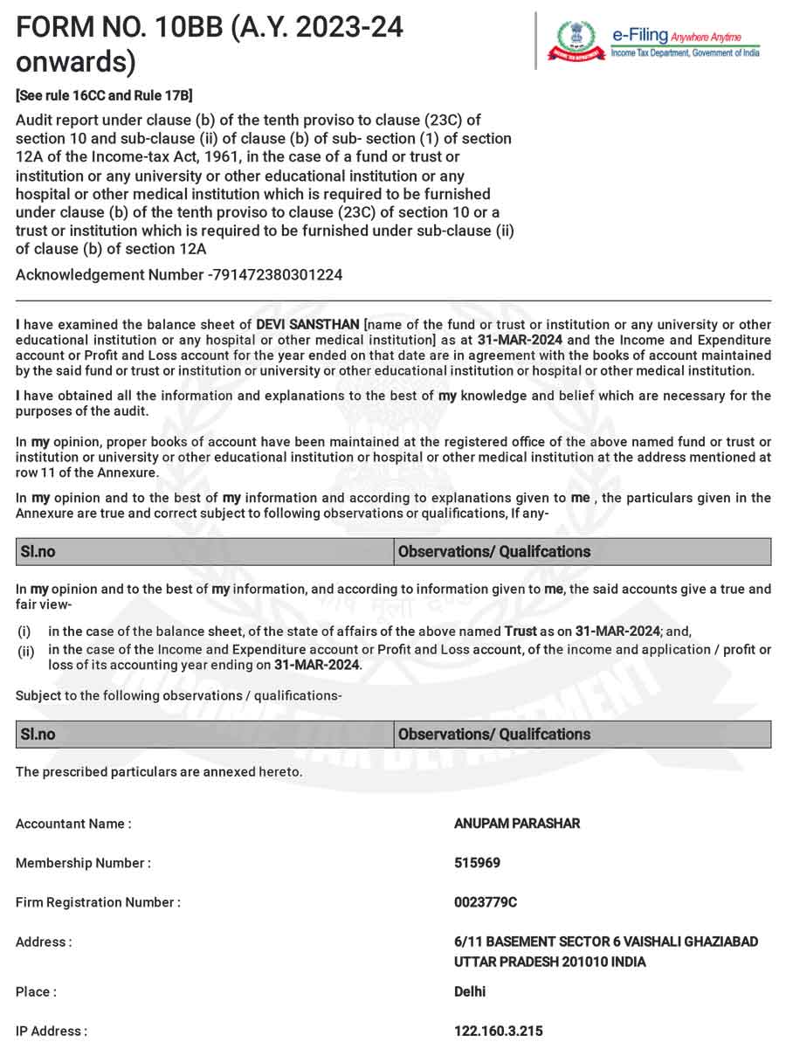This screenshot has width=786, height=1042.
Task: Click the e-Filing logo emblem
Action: tap(576, 40)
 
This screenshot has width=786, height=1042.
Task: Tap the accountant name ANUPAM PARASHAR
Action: tap(505, 824)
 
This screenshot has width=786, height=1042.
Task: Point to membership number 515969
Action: tap(477, 863)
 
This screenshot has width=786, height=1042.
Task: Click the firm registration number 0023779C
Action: tap(486, 902)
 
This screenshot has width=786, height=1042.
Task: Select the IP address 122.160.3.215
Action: tap(498, 1032)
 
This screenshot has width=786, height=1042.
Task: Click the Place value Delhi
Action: tap(470, 991)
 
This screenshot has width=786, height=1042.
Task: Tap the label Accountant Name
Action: tap(73, 824)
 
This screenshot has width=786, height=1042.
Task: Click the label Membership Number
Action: tap(83, 863)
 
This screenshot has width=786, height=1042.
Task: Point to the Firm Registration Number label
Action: tap(98, 902)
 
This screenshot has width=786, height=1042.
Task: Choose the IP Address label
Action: tap(51, 1032)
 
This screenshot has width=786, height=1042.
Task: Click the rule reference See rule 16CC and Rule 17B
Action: tap(104, 95)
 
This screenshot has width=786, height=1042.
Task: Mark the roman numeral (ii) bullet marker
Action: tap(25, 651)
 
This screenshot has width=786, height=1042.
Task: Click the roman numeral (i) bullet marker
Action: tap(24, 631)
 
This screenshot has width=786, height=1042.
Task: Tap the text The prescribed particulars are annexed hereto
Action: tap(159, 772)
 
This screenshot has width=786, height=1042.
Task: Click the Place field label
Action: tap(36, 992)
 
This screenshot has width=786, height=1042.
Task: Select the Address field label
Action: tap(44, 942)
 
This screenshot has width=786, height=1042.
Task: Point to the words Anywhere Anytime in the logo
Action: tap(706, 37)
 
